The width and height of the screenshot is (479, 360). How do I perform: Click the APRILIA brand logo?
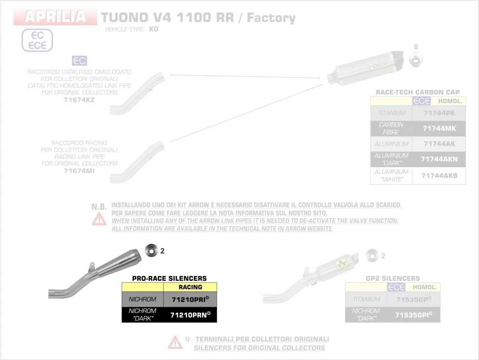[x=55, y=16]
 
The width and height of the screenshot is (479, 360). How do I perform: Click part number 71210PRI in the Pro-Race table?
[x=190, y=299]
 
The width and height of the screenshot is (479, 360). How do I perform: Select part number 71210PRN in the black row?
[x=190, y=315]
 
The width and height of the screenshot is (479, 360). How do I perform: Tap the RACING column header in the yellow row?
[x=190, y=287]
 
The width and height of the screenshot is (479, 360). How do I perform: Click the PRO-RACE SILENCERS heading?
[x=169, y=279]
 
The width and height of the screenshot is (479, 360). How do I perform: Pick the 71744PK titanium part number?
[x=439, y=113]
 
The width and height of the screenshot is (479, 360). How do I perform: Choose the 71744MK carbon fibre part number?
[x=439, y=129]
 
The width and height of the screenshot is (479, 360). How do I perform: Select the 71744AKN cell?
[x=439, y=159]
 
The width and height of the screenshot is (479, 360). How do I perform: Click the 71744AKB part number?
[x=439, y=176]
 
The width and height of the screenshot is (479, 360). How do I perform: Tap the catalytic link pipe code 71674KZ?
[x=79, y=100]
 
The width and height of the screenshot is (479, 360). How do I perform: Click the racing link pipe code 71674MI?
[x=79, y=171]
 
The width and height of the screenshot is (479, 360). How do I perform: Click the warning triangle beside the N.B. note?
[x=99, y=219]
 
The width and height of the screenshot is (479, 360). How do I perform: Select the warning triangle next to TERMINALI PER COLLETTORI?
[x=175, y=342]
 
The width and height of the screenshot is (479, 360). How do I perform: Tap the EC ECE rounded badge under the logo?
[x=37, y=40]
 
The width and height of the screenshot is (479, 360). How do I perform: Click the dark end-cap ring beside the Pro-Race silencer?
[x=151, y=250]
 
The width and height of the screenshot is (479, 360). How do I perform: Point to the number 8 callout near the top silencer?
[x=416, y=47]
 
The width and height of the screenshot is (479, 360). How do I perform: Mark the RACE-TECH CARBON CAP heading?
[x=418, y=92]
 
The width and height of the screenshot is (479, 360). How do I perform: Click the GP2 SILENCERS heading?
[x=393, y=279]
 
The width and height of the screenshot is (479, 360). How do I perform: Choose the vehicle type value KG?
[x=153, y=29]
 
